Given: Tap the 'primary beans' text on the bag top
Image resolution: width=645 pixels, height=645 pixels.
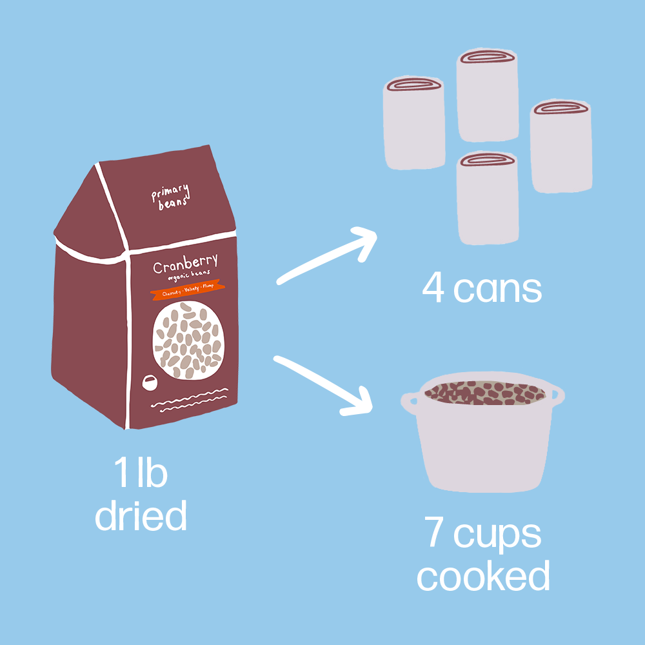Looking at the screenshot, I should point(170,195).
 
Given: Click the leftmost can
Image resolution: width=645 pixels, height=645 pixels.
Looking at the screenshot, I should point(414,123).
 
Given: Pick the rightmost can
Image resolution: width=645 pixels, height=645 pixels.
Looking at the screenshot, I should point(561,146).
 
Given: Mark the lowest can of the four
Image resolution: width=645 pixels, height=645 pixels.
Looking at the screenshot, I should point(488,197).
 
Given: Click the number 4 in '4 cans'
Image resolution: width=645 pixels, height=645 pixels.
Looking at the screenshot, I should point(433,290).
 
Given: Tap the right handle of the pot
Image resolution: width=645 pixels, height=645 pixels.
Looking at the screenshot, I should point(556,393).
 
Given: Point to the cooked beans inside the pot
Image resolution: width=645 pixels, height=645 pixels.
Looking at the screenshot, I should point(484,392).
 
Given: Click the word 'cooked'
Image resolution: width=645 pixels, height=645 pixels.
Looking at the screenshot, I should point(483,576).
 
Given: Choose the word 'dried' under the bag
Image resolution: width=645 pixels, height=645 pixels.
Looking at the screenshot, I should point(141,515).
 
